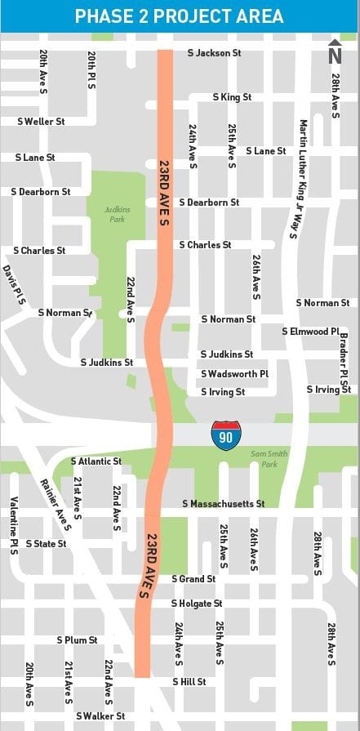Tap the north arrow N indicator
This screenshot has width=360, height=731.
pyautogui.click(x=335, y=51)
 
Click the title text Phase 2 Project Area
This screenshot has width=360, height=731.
pyautogui.click(x=180, y=16)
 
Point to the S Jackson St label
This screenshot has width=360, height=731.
pyautogui.click(x=215, y=53)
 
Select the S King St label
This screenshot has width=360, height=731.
pyautogui.click(x=232, y=97)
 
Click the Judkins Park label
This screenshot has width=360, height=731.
pyautogui.click(x=117, y=214)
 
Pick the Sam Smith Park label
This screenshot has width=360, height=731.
pyautogui.click(x=264, y=459)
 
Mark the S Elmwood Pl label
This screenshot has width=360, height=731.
pyautogui.click(x=310, y=332)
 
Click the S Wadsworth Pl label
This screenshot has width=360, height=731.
pyautogui.click(x=234, y=374)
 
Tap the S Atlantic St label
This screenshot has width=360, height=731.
pyautogui.click(x=96, y=461)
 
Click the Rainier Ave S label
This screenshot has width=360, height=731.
pyautogui.click(x=56, y=505)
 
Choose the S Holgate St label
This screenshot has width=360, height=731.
pyautogui.click(x=197, y=604)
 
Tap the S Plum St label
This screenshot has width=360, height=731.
pyautogui.click(x=77, y=640)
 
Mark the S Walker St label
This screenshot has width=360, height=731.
pyautogui.click(x=100, y=716)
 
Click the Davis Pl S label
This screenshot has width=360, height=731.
pyautogui.click(x=15, y=285)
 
